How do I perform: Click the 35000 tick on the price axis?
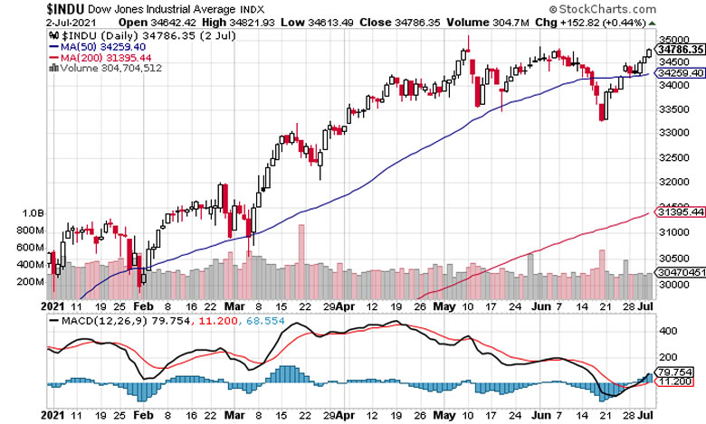pyautogui.click(x=672, y=41)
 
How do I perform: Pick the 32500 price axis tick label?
pyautogui.click(x=672, y=156)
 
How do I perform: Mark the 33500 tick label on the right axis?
pyautogui.click(x=672, y=110)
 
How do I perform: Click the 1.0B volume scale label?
pyautogui.click(x=33, y=213)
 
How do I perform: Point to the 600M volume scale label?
pyautogui.click(x=31, y=248)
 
